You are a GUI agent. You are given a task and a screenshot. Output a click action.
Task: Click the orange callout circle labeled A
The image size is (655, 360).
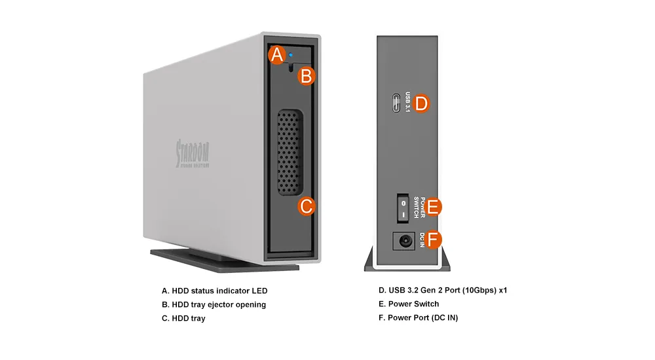point(278,55)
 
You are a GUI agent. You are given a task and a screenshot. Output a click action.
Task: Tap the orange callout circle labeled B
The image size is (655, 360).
point(306,76)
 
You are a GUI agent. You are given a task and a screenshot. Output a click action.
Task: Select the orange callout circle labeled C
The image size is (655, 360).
point(306,207)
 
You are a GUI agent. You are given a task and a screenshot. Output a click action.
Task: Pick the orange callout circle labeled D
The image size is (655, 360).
point(421,103)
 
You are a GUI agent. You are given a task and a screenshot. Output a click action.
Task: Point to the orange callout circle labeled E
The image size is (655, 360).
point(433,207)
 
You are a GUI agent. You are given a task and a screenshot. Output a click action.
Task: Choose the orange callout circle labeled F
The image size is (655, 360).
point(434,240)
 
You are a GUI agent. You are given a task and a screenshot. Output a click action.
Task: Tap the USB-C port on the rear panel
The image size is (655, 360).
point(397,103)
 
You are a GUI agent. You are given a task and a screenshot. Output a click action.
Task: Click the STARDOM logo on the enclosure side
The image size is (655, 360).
point(193,154)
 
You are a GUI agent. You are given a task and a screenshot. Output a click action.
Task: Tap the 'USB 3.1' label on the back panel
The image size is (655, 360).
point(408,103)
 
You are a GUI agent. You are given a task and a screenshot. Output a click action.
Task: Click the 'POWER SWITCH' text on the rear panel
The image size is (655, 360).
point(422,207)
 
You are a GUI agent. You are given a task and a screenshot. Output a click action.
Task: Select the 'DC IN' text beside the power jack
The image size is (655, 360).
point(422,240)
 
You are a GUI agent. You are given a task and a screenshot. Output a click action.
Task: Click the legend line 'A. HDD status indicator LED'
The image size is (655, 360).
point(214,291)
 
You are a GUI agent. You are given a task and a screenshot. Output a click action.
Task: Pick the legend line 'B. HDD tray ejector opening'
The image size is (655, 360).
point(214,304)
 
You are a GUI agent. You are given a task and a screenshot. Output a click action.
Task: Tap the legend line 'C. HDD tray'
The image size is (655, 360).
point(183,318)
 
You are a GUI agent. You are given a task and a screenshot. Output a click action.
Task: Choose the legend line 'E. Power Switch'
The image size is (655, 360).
point(409,304)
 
